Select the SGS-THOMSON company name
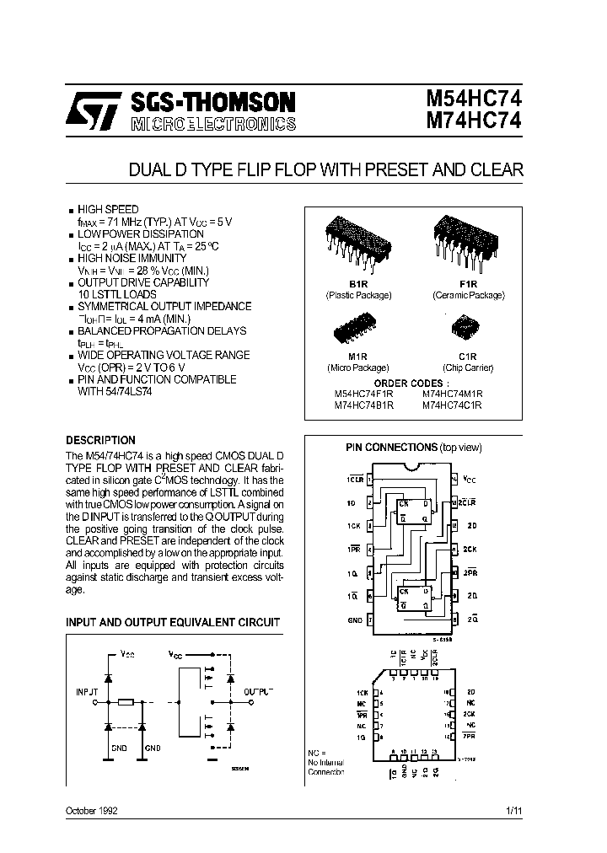tap(212, 102)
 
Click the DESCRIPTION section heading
tap(100, 440)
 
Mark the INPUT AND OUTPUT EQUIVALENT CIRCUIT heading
tap(173, 622)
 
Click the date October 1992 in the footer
tap(92, 810)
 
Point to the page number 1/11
tap(513, 810)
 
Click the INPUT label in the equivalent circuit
tap(89, 690)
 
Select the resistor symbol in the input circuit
tap(126, 701)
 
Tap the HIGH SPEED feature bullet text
tap(108, 208)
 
